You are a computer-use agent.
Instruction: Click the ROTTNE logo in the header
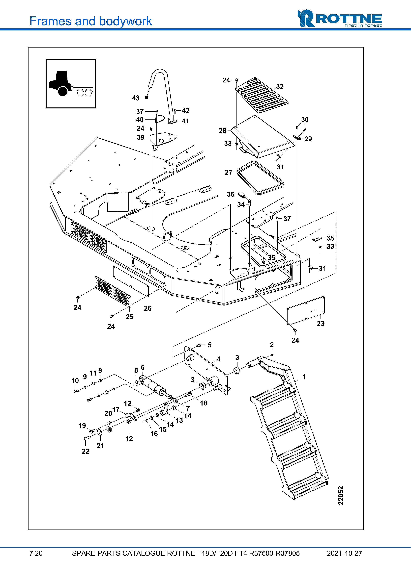click(x=340, y=19)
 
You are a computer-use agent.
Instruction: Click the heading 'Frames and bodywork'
click(x=90, y=21)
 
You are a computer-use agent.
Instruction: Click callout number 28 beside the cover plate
click(x=222, y=131)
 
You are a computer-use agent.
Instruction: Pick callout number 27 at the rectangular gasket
click(x=228, y=173)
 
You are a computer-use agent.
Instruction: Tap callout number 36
click(x=230, y=194)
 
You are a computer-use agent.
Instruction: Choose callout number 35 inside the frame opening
click(x=271, y=258)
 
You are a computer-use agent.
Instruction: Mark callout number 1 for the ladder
click(x=304, y=377)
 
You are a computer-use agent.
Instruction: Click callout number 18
click(x=204, y=403)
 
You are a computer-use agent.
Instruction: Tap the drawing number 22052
click(x=341, y=495)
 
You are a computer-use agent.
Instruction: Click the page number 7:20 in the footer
click(x=36, y=553)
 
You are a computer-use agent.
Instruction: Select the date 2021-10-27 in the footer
click(x=344, y=553)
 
